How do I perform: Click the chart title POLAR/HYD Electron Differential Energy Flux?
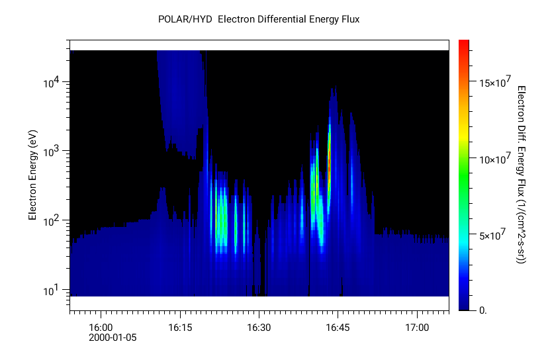coord(259,19)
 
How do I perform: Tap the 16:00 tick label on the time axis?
coord(100,328)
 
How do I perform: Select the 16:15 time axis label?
coord(179,328)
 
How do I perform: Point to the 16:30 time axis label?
coord(258,328)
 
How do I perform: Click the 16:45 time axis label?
coord(338,328)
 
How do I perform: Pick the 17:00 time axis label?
coord(417,328)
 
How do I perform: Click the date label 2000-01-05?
coord(113,337)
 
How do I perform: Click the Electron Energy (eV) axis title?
coord(32,175)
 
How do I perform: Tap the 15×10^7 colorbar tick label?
coord(493,83)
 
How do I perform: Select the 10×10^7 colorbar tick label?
coord(493,159)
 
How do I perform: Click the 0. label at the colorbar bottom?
coord(481,310)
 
